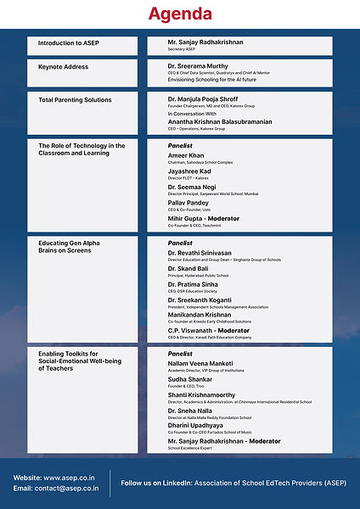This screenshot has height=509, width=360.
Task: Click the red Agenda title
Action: point(180,14)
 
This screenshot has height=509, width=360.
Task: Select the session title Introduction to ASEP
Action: point(68,42)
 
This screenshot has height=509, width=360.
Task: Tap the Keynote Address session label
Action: point(63,67)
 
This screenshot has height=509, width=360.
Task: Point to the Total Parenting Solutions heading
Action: point(75,100)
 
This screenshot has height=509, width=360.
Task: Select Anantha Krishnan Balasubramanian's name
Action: point(221,120)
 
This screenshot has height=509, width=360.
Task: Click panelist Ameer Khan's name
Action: point(187,156)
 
